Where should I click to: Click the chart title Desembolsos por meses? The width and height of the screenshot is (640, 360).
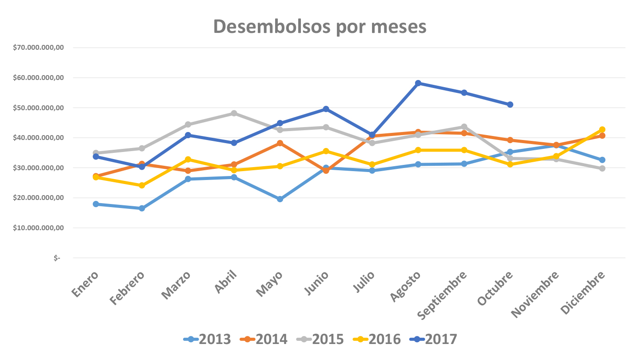pos(320,27)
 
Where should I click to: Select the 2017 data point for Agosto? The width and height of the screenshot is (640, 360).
pos(418,83)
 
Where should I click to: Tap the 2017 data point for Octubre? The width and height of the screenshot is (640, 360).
pos(510,104)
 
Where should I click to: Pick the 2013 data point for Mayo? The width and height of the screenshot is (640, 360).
pos(280,199)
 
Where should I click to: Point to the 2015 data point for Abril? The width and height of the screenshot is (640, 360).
pos(234,113)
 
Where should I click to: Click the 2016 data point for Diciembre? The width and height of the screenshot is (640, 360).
pos(602,130)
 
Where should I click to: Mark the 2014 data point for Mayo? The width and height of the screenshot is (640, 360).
pos(280,143)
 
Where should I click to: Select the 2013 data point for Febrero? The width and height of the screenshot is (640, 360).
pos(142,208)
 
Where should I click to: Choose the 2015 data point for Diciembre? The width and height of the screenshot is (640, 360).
pos(602,168)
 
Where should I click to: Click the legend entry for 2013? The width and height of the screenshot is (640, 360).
pos(207,339)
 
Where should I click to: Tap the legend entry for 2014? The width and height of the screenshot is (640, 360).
pos(264,339)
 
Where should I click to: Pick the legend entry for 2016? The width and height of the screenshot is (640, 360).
pos(377,339)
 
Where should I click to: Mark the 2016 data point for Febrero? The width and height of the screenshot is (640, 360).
pos(142,185)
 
